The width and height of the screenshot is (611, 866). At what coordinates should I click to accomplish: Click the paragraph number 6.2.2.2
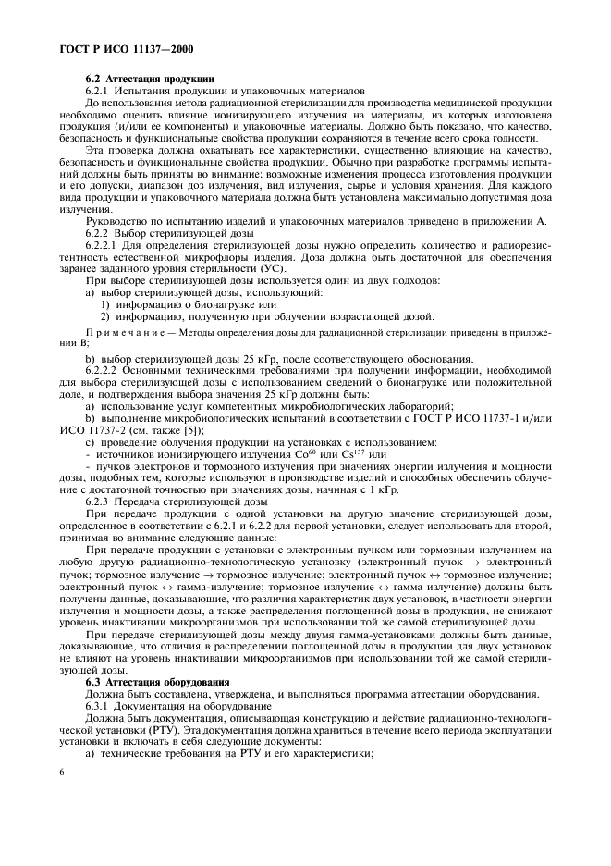click(106, 368)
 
